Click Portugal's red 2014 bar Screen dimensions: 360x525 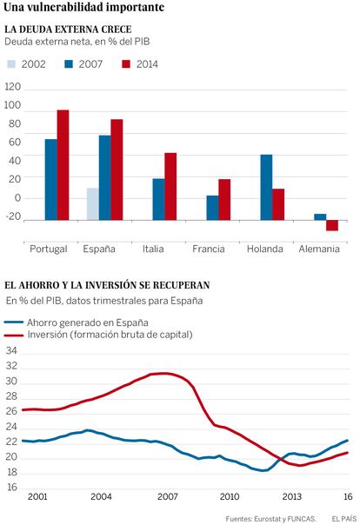point(63,165)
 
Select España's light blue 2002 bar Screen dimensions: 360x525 point(93,204)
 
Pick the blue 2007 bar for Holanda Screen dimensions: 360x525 point(266,187)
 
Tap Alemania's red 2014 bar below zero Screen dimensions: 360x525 point(332,225)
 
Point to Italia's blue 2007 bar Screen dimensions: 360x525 point(159,199)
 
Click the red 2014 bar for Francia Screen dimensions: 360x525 point(224,200)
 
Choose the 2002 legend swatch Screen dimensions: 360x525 point(11,64)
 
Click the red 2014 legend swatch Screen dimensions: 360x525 point(126,64)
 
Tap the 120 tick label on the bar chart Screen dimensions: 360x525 point(13,87)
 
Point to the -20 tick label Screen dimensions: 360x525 point(13,216)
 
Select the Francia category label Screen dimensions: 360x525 point(209,249)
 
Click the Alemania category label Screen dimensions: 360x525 point(319,249)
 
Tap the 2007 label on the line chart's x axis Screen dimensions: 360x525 point(168,496)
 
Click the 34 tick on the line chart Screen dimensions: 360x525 point(11,351)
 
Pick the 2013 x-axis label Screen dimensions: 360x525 point(292,496)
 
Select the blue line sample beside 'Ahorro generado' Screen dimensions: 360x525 point(14,322)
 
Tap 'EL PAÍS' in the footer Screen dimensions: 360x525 point(344,519)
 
